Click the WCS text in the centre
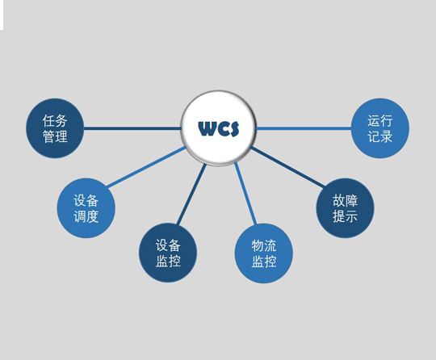click(219, 128)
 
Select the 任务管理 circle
click(55, 128)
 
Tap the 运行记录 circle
click(379, 128)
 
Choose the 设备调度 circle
click(86, 208)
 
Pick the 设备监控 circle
click(168, 253)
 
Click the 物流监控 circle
click(263, 253)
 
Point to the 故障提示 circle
click(345, 208)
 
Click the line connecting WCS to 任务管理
click(132, 128)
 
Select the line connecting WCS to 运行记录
click(304, 128)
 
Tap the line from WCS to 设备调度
click(146, 166)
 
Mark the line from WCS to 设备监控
click(191, 194)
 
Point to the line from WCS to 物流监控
click(245, 193)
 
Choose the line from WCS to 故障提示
click(287, 167)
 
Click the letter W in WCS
click(207, 128)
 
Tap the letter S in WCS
click(235, 128)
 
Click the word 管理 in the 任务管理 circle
click(55, 136)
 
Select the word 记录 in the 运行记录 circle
click(379, 136)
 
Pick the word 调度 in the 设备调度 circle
click(86, 216)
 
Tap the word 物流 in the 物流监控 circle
click(264, 245)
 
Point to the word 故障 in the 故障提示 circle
click(345, 200)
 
